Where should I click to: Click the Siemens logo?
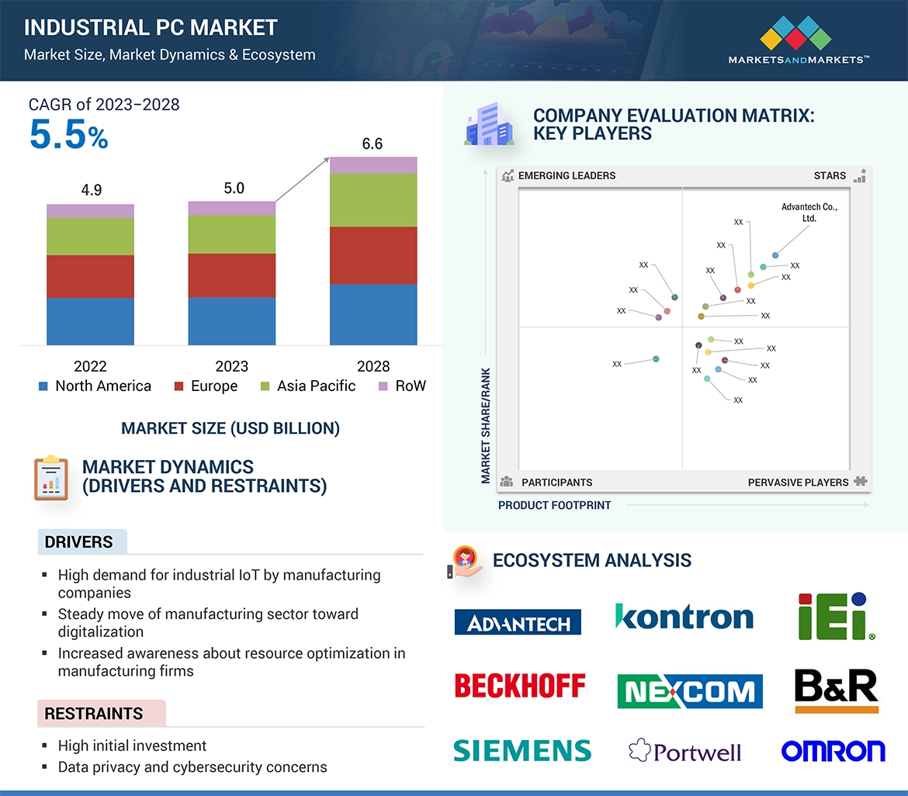[522, 750]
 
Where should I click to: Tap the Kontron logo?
[684, 617]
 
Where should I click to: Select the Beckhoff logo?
[520, 686]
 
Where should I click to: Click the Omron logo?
[833, 751]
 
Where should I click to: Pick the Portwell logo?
[684, 751]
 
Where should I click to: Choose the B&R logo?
[836, 690]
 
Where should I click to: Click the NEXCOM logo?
[689, 690]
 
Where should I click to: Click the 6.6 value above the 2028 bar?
[373, 144]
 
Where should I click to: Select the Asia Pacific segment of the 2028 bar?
[373, 200]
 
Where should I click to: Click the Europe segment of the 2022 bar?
[90, 276]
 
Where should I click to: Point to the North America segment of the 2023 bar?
[231, 320]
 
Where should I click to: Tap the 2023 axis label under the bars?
[231, 366]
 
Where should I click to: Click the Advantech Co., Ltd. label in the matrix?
[809, 213]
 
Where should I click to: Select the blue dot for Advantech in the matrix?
[775, 255]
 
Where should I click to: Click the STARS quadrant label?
[830, 175]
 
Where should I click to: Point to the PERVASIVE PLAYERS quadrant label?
[798, 483]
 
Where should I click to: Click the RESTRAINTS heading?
[94, 714]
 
